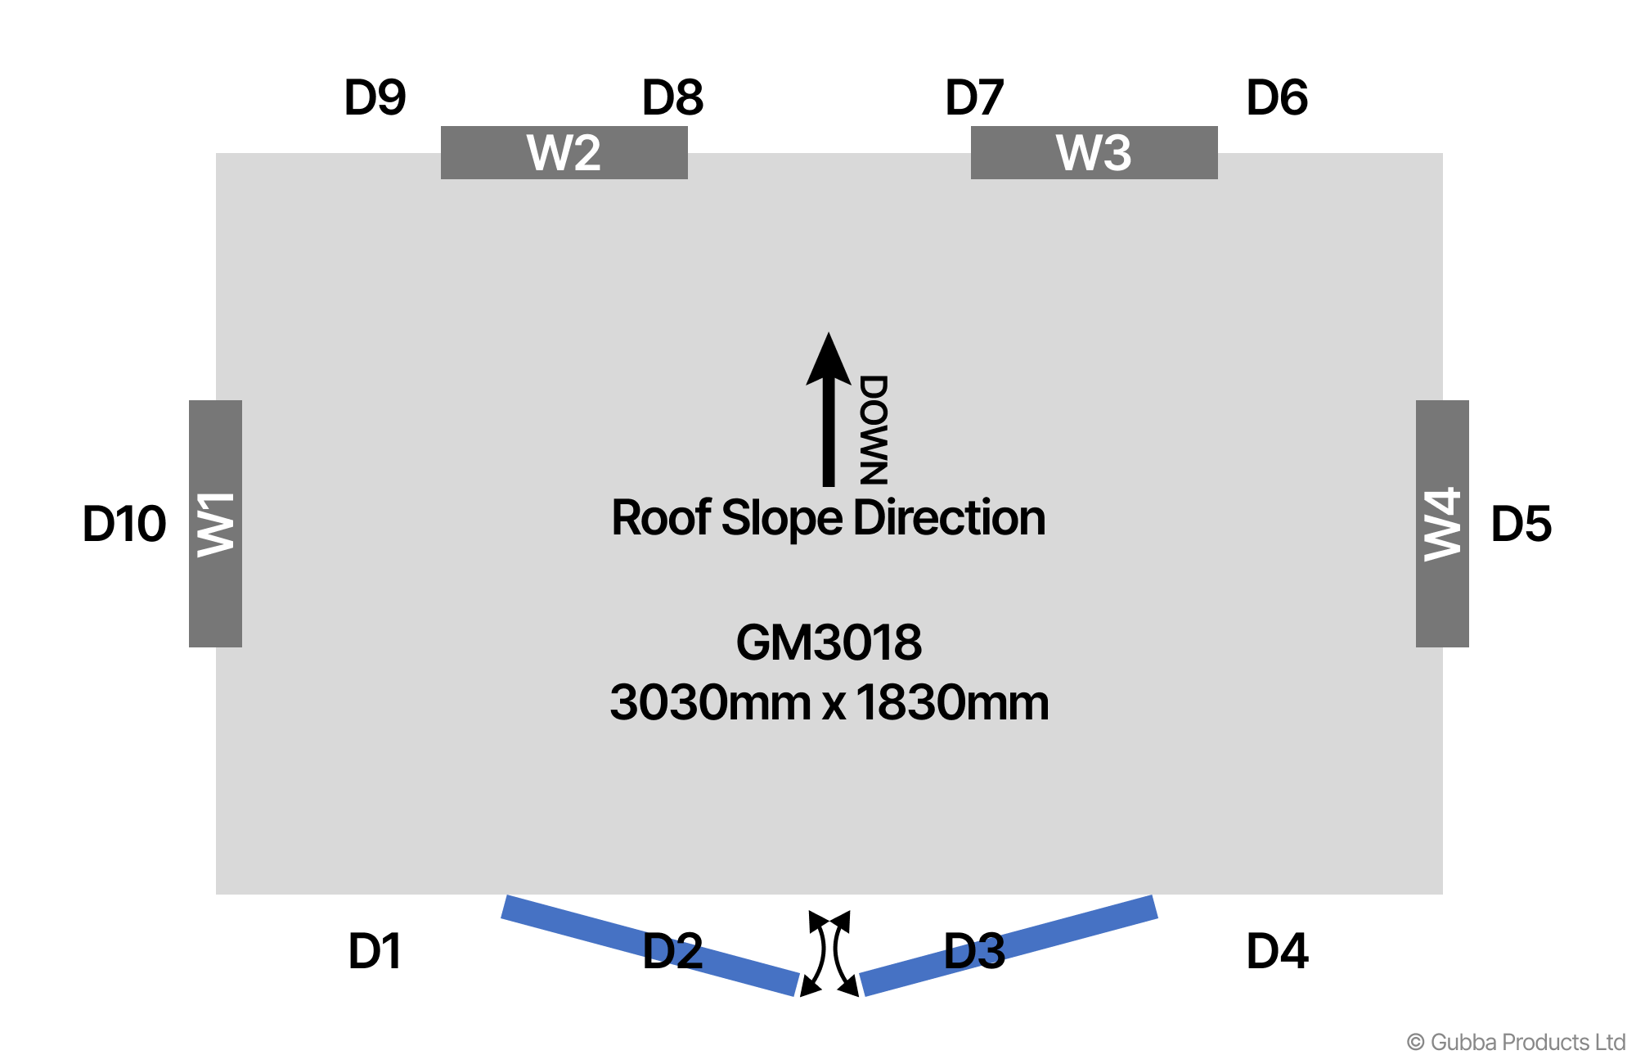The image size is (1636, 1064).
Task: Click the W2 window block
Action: tap(564, 152)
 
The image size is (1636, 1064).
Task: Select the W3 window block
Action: tap(1094, 152)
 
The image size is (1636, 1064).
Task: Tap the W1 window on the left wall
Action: tap(215, 524)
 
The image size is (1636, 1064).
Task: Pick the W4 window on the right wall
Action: tap(1442, 524)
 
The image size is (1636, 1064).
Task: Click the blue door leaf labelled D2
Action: tap(649, 945)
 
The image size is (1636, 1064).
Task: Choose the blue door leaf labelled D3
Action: tap(1009, 945)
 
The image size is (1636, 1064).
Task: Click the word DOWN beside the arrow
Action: tap(874, 430)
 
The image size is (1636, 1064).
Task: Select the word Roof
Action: tap(661, 518)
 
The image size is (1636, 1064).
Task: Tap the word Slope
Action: tap(781, 518)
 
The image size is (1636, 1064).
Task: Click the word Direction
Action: tap(949, 518)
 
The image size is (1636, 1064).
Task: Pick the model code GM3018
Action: tap(829, 642)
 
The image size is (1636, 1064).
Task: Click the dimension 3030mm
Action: tap(710, 703)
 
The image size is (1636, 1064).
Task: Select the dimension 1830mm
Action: tap(952, 703)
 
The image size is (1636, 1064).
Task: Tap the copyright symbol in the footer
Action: tap(1415, 1043)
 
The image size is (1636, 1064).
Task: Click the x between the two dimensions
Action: tap(834, 705)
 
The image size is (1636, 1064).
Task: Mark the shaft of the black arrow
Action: tap(829, 434)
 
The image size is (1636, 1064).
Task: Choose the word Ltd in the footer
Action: tap(1610, 1042)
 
